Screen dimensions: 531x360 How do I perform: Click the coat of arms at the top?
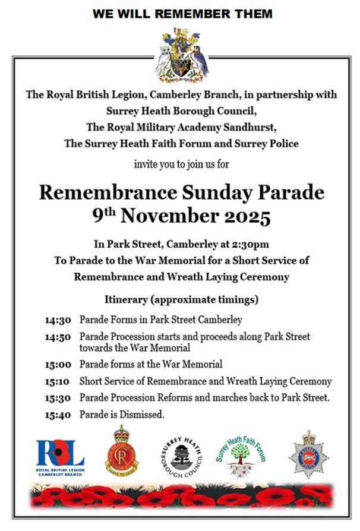click(x=181, y=57)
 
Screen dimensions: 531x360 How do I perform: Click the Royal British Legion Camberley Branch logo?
click(x=60, y=455)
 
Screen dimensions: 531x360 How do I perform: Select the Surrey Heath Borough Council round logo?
click(x=181, y=456)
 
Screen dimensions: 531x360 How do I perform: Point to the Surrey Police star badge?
click(x=308, y=455)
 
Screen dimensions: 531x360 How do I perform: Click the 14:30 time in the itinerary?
click(x=58, y=320)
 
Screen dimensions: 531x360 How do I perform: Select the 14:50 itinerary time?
click(x=58, y=337)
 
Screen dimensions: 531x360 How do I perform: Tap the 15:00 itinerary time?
click(x=58, y=364)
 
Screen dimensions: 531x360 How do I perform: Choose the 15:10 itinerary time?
click(x=58, y=381)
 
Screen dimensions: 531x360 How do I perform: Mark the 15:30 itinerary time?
click(x=58, y=398)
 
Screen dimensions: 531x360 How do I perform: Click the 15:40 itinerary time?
click(x=58, y=415)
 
